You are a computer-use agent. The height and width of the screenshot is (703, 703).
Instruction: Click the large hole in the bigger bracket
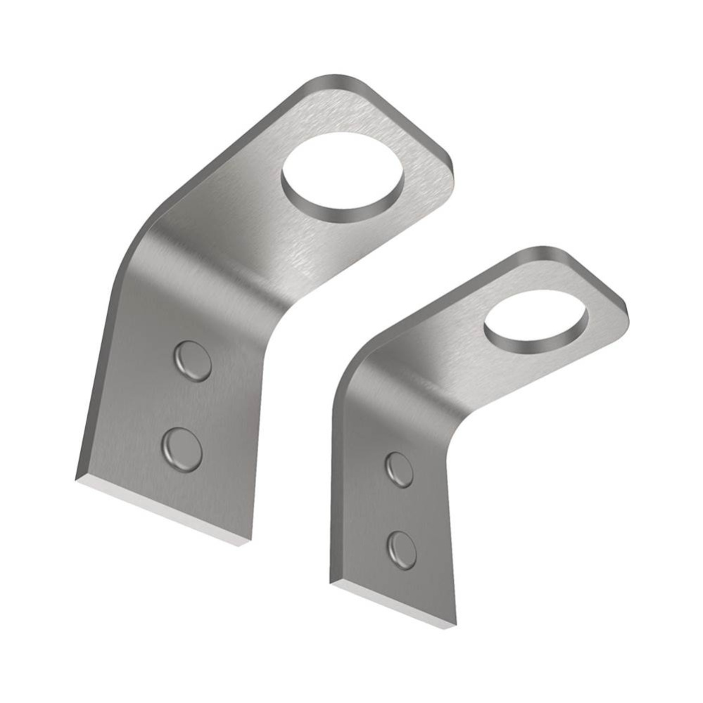pyautogui.click(x=343, y=172)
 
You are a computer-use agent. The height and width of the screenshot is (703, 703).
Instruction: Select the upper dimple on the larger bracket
pyautogui.click(x=192, y=361)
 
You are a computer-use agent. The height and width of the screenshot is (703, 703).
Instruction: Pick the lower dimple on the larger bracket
pyautogui.click(x=182, y=449)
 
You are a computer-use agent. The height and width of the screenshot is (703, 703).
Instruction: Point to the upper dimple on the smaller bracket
pyautogui.click(x=400, y=469)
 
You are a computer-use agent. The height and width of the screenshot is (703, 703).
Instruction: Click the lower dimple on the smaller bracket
pyautogui.click(x=402, y=550)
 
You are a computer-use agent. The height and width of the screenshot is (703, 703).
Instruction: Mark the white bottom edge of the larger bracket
pyautogui.click(x=162, y=510)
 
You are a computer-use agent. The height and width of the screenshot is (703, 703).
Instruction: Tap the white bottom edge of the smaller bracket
pyautogui.click(x=394, y=605)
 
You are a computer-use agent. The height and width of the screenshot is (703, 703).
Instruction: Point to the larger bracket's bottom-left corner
pyautogui.click(x=77, y=480)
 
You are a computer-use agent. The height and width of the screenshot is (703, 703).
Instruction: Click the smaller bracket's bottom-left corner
pyautogui.click(x=331, y=581)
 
